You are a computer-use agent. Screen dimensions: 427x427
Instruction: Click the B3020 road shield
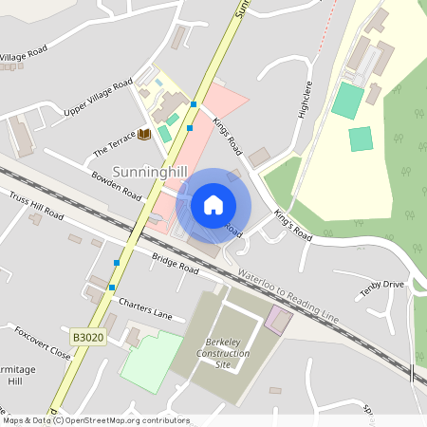click(84, 336)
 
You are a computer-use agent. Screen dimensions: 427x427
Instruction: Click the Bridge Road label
click(175, 263)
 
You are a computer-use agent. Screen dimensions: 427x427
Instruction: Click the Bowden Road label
click(116, 185)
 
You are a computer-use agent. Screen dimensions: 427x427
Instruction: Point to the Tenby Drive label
click(381, 288)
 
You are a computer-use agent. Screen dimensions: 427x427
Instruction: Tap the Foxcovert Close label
click(42, 343)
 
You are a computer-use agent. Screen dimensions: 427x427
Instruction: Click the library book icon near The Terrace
click(144, 134)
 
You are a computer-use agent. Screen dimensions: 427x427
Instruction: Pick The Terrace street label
click(115, 145)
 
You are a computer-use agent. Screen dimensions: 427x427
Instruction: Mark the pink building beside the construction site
click(279, 319)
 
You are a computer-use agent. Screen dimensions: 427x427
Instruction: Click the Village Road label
click(23, 56)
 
